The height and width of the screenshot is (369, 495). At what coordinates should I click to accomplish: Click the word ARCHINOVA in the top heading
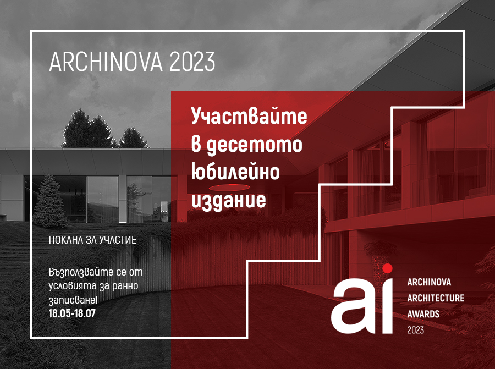click(x=106, y=62)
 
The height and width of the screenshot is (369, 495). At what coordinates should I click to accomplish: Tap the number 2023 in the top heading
click(x=193, y=62)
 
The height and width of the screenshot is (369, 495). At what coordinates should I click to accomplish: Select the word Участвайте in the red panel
click(x=249, y=117)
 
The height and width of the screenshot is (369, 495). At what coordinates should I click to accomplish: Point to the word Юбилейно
click(x=235, y=172)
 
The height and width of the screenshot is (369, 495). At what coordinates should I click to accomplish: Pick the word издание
click(x=229, y=200)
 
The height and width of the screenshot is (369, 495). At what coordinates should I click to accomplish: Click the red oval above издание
click(x=229, y=188)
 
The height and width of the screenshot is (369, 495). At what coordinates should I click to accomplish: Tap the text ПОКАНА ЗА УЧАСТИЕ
click(x=93, y=240)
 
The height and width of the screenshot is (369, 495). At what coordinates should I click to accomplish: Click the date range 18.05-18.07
click(x=72, y=313)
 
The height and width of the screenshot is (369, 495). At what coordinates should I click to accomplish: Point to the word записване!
click(x=73, y=300)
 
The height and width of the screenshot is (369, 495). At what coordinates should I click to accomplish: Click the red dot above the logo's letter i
click(x=387, y=268)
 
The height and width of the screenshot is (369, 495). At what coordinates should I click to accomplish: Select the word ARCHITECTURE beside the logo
click(x=436, y=298)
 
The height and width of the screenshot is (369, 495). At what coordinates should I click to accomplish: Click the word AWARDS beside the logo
click(x=424, y=314)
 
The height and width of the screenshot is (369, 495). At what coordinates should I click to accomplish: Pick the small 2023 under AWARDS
click(x=415, y=330)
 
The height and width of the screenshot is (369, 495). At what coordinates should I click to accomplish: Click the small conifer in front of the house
click(x=50, y=201)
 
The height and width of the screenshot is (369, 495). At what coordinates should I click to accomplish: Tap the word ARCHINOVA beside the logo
click(x=429, y=282)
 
